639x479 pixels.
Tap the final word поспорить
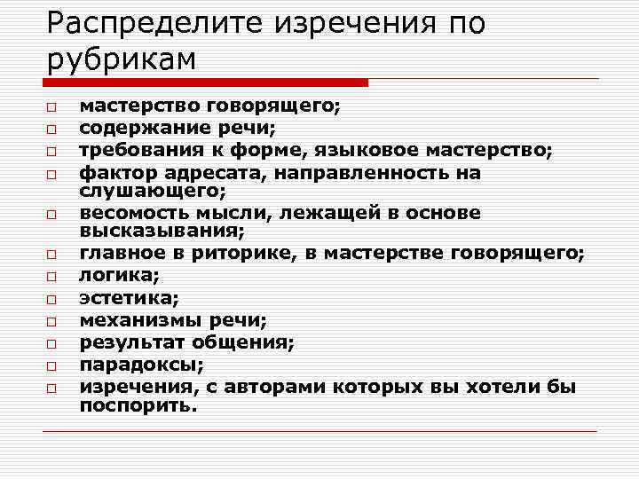coord(138,405)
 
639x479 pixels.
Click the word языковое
coord(391,150)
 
